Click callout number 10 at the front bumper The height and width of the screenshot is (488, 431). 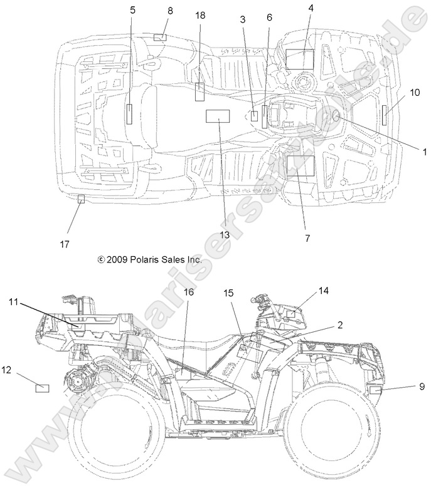click(415, 92)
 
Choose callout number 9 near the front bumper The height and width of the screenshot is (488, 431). click(421, 387)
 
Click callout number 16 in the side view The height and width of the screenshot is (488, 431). click(189, 293)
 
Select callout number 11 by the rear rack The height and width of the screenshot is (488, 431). click(14, 302)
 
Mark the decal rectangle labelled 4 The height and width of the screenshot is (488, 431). click(299, 58)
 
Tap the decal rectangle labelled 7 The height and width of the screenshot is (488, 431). click(299, 166)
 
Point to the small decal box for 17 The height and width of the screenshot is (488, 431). click(80, 199)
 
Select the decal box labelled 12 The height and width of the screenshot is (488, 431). click(43, 388)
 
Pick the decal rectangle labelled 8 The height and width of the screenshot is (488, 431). click(159, 38)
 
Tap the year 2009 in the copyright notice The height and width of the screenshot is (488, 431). click(118, 259)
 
